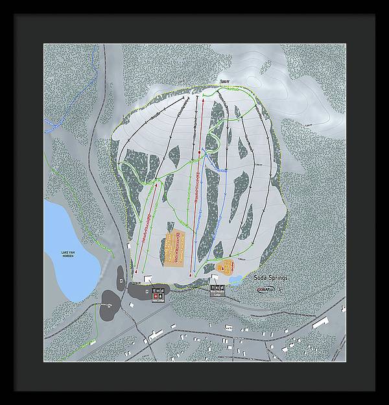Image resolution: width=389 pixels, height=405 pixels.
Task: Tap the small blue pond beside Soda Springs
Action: (235, 280)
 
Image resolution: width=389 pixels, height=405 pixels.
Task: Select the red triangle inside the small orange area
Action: (226, 266)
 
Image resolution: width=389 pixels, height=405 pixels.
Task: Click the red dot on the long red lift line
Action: (199, 154)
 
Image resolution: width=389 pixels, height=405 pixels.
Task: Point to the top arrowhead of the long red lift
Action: (203, 101)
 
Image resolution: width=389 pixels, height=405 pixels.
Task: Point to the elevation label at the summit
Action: (224, 82)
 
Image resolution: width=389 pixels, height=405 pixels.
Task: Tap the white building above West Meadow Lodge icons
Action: (215, 278)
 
